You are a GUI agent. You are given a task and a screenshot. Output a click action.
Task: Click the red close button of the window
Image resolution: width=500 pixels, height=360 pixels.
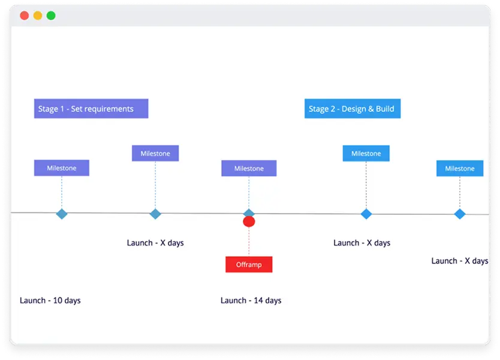(x=25, y=16)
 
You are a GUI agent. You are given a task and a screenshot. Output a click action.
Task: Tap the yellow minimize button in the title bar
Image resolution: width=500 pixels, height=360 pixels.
(x=38, y=16)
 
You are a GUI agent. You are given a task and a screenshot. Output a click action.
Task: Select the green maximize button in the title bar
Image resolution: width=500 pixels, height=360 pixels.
(x=51, y=16)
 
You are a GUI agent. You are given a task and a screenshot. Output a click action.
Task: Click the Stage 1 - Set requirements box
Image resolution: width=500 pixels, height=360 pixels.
(x=91, y=109)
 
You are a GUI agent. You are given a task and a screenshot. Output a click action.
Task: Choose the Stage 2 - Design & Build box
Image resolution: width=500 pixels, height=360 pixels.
(x=353, y=109)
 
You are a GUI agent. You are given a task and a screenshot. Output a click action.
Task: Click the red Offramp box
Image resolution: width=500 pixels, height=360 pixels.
(x=249, y=265)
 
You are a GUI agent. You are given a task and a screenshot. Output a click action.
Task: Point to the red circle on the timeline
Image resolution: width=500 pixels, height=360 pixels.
(x=249, y=222)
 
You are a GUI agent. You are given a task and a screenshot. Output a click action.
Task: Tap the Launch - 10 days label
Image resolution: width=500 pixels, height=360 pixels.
(x=50, y=300)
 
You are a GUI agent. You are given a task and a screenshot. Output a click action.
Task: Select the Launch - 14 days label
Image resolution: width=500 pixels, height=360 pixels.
(x=251, y=300)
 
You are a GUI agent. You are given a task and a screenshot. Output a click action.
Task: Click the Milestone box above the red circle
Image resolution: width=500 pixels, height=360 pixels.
(x=249, y=169)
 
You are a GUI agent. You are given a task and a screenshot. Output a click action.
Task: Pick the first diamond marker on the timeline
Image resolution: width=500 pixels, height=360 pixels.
(x=62, y=214)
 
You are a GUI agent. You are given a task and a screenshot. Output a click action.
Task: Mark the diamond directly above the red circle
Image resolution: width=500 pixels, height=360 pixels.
(x=249, y=212)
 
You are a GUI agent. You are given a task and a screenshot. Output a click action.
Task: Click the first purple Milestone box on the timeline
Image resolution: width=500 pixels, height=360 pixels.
(x=62, y=168)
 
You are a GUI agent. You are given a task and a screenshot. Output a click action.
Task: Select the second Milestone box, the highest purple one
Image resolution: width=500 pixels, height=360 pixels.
(x=155, y=154)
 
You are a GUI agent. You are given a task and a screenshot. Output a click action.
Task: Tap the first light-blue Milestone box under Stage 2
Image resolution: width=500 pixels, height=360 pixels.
(x=366, y=154)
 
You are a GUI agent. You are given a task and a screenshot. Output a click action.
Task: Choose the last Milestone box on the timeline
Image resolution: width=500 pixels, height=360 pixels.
(x=460, y=169)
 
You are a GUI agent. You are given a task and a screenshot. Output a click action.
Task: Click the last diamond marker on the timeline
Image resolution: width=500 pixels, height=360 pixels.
(x=460, y=214)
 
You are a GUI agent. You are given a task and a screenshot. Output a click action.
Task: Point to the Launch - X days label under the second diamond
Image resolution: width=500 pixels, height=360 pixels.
(x=155, y=243)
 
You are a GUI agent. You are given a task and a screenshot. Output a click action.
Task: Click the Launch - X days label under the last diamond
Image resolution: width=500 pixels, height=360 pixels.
(x=460, y=261)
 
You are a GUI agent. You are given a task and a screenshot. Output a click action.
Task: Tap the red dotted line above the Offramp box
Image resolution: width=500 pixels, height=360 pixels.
(x=249, y=242)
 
